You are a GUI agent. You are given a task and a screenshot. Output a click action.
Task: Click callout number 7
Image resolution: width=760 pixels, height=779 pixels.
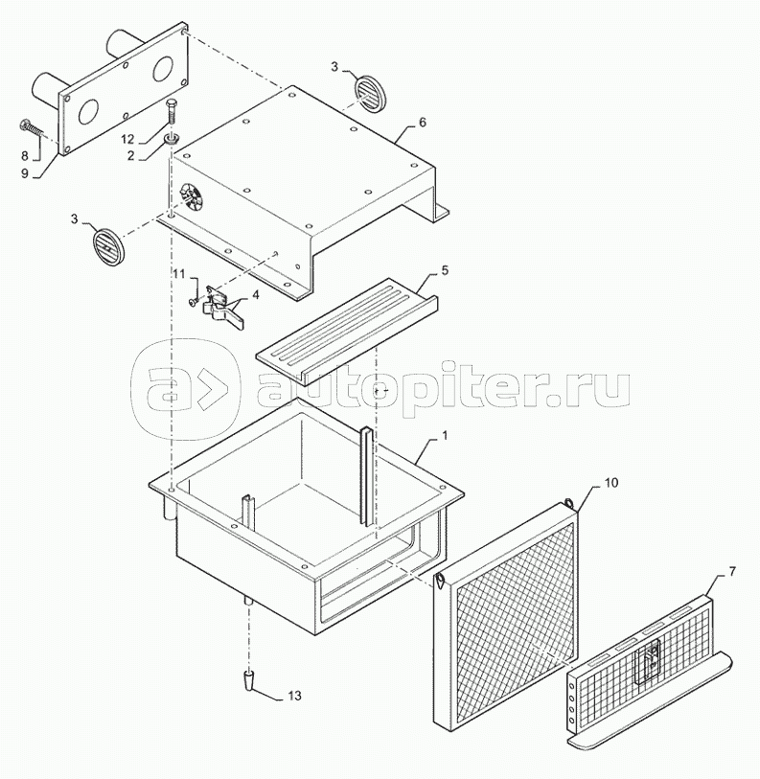tap(733, 572)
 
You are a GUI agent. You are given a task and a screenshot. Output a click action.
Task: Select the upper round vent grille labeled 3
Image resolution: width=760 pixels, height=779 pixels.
tap(367, 94)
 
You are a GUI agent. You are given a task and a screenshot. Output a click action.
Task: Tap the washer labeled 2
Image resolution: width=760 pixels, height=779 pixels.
tap(172, 141)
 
